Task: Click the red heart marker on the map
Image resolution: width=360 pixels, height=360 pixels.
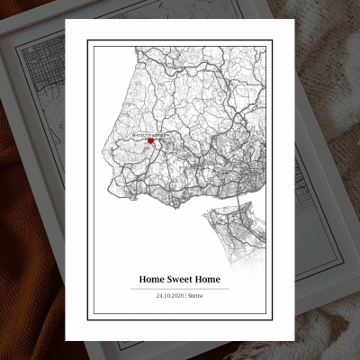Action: [151, 140]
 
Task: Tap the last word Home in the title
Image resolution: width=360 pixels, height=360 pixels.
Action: [213, 279]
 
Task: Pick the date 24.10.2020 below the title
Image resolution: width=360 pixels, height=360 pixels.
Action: [170, 295]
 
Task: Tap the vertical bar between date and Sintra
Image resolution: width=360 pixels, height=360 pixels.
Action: [187, 295]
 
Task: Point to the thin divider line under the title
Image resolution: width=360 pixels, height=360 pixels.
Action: [179, 288]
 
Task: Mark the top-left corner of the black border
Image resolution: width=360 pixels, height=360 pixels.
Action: [88, 40]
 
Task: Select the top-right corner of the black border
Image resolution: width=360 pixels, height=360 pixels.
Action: [269, 40]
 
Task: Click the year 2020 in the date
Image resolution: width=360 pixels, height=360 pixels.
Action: [177, 295]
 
